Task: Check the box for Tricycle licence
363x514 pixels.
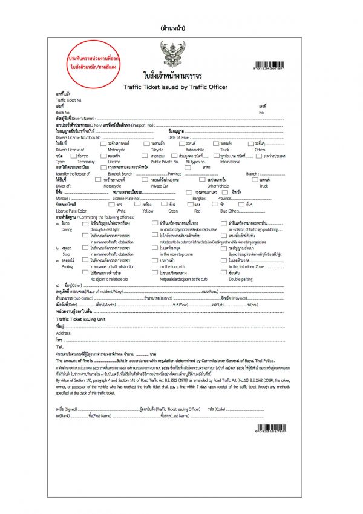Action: [146, 143]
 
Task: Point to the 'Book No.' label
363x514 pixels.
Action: [62, 113]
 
